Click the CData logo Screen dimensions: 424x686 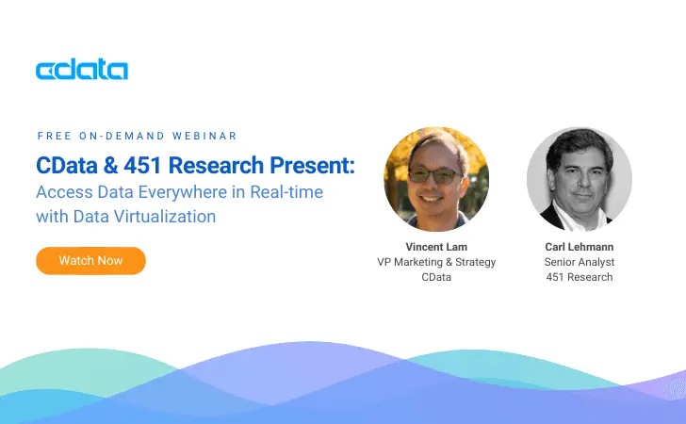pyautogui.click(x=81, y=70)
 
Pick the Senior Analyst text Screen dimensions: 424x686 pyautogui.click(x=578, y=262)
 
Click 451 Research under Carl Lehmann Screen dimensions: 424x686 pyautogui.click(x=578, y=277)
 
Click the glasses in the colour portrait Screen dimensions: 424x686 pyautogui.click(x=435, y=175)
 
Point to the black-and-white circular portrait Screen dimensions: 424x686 pyautogui.click(x=579, y=179)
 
